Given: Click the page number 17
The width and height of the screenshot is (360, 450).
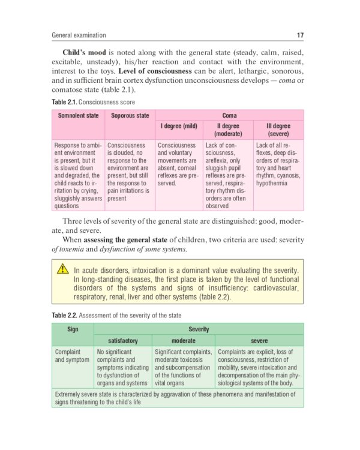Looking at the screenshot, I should [299, 35].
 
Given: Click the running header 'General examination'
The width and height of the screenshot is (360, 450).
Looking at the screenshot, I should [79, 35].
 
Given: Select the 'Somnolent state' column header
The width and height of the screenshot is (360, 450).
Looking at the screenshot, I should [77, 115].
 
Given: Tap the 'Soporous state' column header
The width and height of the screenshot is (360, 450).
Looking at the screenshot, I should [130, 115].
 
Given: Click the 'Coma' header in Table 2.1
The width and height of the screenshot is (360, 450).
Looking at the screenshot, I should [229, 115].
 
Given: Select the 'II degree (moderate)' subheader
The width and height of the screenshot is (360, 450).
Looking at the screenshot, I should [227, 130].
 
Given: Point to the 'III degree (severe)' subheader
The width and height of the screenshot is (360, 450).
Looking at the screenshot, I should [278, 130].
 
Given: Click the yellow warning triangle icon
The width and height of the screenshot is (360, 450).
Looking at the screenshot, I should [63, 270].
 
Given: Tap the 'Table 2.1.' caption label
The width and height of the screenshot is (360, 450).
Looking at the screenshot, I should [64, 103].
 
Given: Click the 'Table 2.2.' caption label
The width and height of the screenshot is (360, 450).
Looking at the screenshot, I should [64, 315].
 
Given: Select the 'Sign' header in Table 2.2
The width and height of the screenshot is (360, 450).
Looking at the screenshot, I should [73, 329].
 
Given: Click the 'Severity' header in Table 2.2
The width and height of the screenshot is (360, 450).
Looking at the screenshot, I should [199, 329].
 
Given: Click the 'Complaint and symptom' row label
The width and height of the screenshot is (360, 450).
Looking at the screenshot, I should [71, 356].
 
